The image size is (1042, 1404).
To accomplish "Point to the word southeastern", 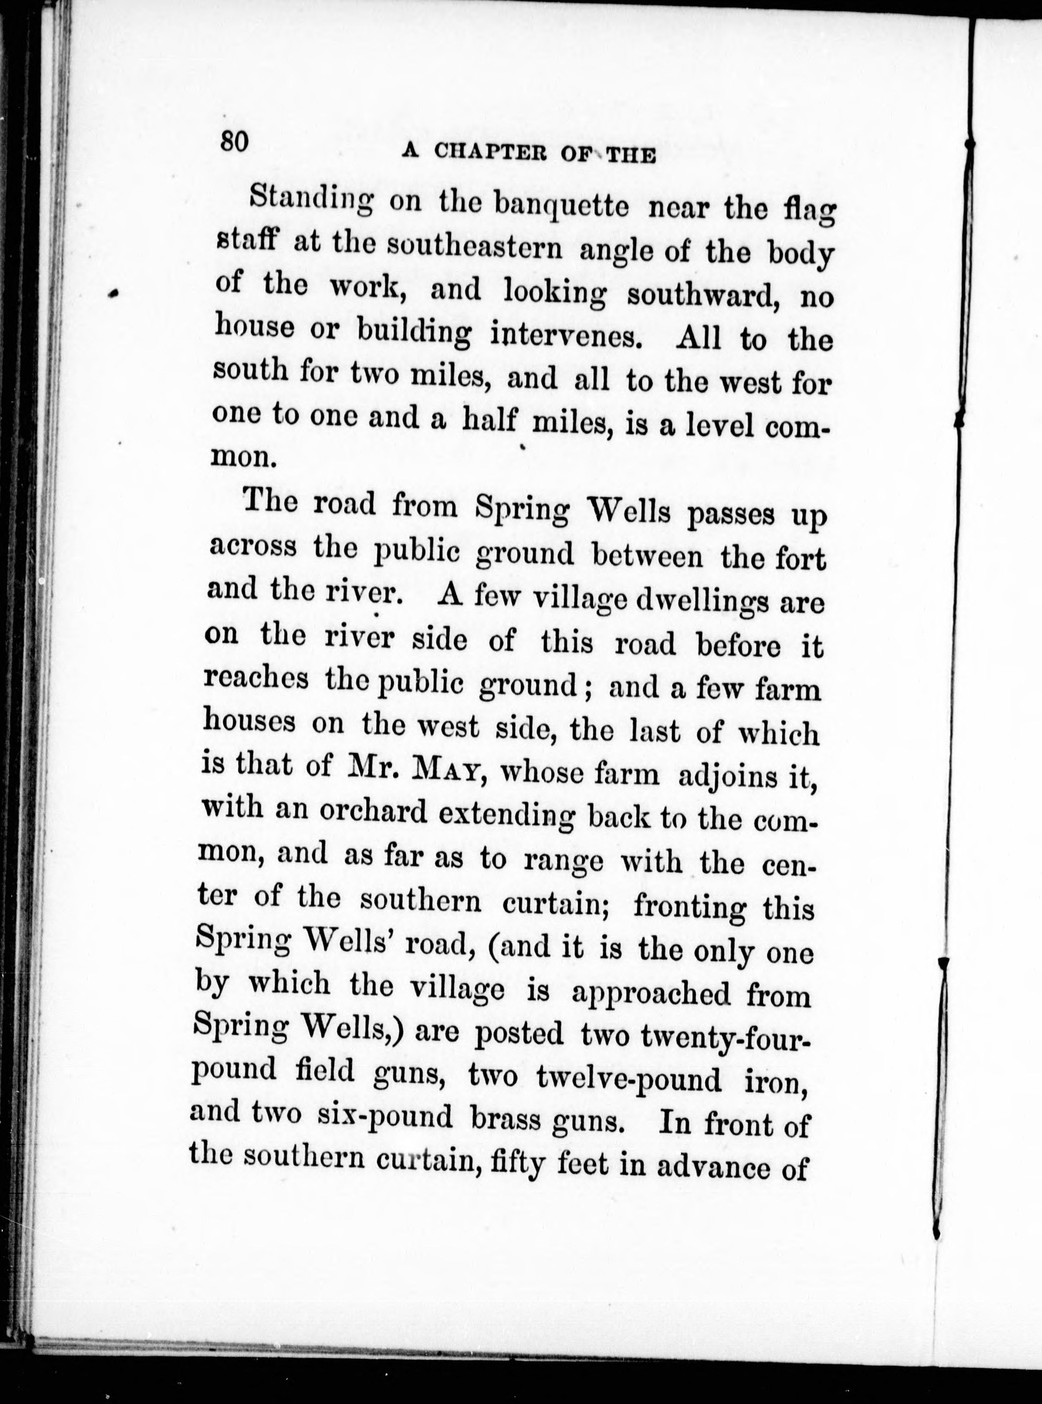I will (x=474, y=247).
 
